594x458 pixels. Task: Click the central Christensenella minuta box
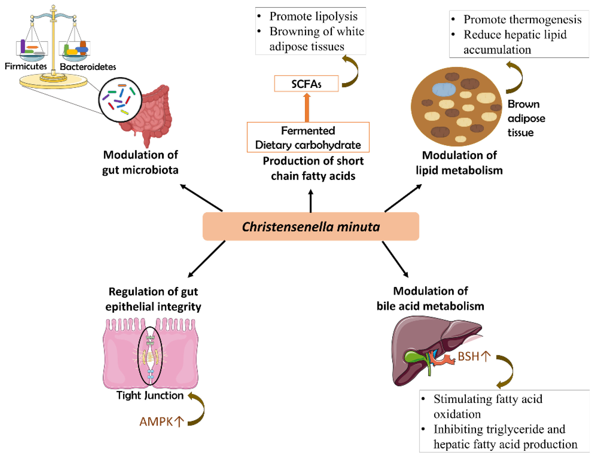point(311,226)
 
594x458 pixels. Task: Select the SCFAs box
point(306,84)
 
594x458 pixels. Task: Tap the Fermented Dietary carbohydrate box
point(308,137)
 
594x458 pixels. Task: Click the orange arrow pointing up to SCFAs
point(307,107)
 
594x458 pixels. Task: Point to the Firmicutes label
point(26,66)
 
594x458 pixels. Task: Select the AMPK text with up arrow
point(162,422)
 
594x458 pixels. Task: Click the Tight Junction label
point(150,395)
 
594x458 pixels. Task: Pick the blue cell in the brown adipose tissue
point(444,89)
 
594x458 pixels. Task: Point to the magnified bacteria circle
point(120,100)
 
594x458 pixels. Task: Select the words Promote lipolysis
point(313,16)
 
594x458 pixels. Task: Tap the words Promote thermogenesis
point(522,19)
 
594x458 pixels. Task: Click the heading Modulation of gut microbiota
point(140,162)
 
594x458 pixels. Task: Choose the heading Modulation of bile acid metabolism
point(430,298)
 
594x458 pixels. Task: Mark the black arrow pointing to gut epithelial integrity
point(207,259)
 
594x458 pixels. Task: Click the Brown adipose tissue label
point(526,118)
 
